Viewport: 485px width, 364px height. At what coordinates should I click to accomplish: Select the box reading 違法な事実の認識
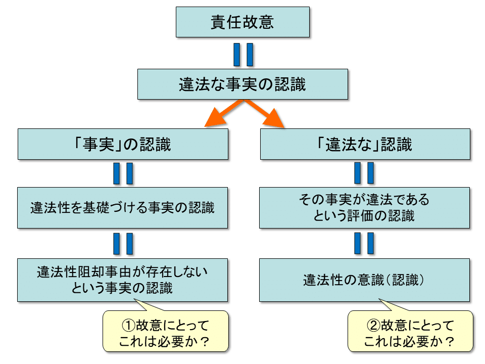click(x=243, y=84)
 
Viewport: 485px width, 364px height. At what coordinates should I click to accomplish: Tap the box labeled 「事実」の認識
click(x=123, y=145)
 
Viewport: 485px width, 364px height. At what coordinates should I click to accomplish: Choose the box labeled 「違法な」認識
click(x=365, y=145)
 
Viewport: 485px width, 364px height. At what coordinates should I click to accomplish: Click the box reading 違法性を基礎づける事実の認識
click(x=123, y=208)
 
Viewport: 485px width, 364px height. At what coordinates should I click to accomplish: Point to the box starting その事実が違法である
click(x=365, y=208)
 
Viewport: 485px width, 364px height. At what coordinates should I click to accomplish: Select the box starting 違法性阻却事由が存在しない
click(x=123, y=280)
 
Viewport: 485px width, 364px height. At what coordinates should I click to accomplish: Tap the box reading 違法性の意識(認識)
click(x=365, y=280)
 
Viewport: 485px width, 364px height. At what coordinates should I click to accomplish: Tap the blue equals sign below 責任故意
click(x=243, y=54)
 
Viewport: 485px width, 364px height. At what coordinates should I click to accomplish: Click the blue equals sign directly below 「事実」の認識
click(x=123, y=173)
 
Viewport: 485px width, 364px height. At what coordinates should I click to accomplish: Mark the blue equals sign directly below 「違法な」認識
click(x=365, y=173)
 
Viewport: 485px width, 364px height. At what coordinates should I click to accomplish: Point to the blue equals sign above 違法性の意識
click(x=365, y=243)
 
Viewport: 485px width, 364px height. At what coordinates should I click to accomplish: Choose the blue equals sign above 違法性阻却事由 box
click(x=123, y=243)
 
